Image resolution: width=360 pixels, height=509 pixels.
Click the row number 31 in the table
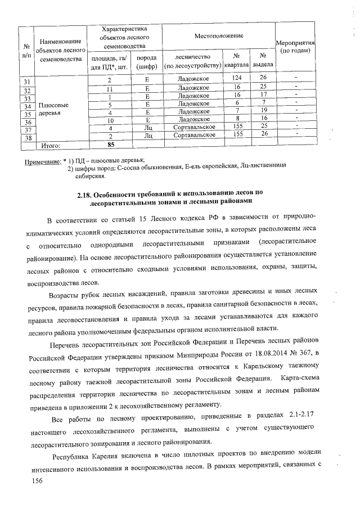pyautogui.click(x=26, y=83)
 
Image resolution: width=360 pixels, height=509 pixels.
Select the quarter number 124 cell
pyautogui.click(x=237, y=77)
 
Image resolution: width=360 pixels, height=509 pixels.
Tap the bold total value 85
pyautogui.click(x=111, y=145)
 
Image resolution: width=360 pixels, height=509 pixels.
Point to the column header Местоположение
pyautogui.click(x=219, y=35)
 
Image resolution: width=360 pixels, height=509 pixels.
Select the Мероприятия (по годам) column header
pyautogui.click(x=295, y=47)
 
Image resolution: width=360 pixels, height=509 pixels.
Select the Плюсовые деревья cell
pyautogui.click(x=53, y=109)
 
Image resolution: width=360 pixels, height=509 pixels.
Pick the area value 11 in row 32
pyautogui.click(x=111, y=89)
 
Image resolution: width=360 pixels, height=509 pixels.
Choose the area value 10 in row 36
pyautogui.click(x=111, y=120)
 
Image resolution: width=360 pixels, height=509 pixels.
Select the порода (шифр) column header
pyautogui.click(x=147, y=62)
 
